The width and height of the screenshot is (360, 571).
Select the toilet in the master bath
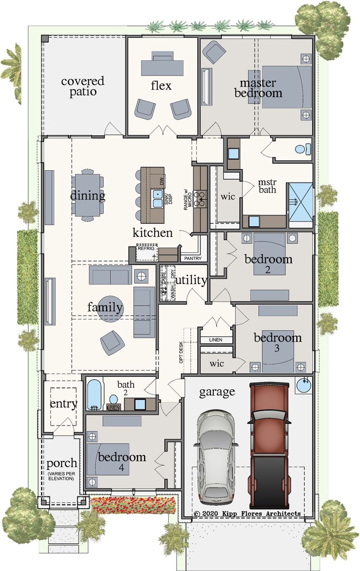pos(303,149)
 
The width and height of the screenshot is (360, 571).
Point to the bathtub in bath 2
pos(94,394)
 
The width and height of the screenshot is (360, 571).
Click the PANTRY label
pos(193,258)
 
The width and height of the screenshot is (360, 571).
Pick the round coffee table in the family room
pos(110,309)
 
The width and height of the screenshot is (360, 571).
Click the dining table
pos(87,195)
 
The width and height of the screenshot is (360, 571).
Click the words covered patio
pos(83,86)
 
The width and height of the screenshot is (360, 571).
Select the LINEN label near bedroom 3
pos(215,340)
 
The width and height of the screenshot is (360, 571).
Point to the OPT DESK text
pos(181,352)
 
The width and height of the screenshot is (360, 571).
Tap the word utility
pos(191,280)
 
